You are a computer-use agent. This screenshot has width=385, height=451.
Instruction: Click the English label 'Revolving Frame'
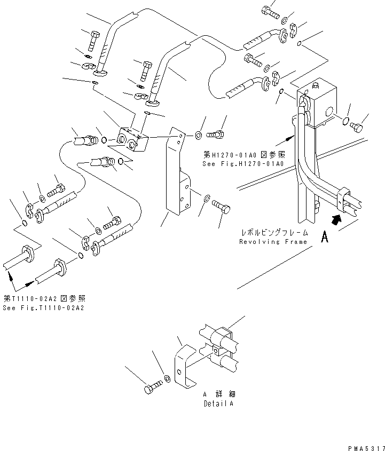click(x=273, y=242)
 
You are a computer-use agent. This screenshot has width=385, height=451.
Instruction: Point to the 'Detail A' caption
click(x=217, y=403)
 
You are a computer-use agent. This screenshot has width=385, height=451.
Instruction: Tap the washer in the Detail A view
click(x=167, y=379)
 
